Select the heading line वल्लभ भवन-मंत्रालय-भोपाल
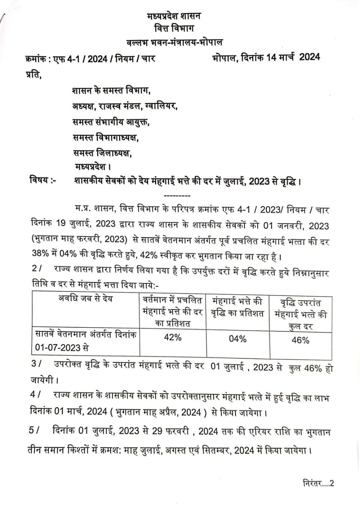(x=173, y=42)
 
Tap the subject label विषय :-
(x=43, y=181)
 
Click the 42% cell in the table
(x=173, y=337)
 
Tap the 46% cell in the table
(x=300, y=341)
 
